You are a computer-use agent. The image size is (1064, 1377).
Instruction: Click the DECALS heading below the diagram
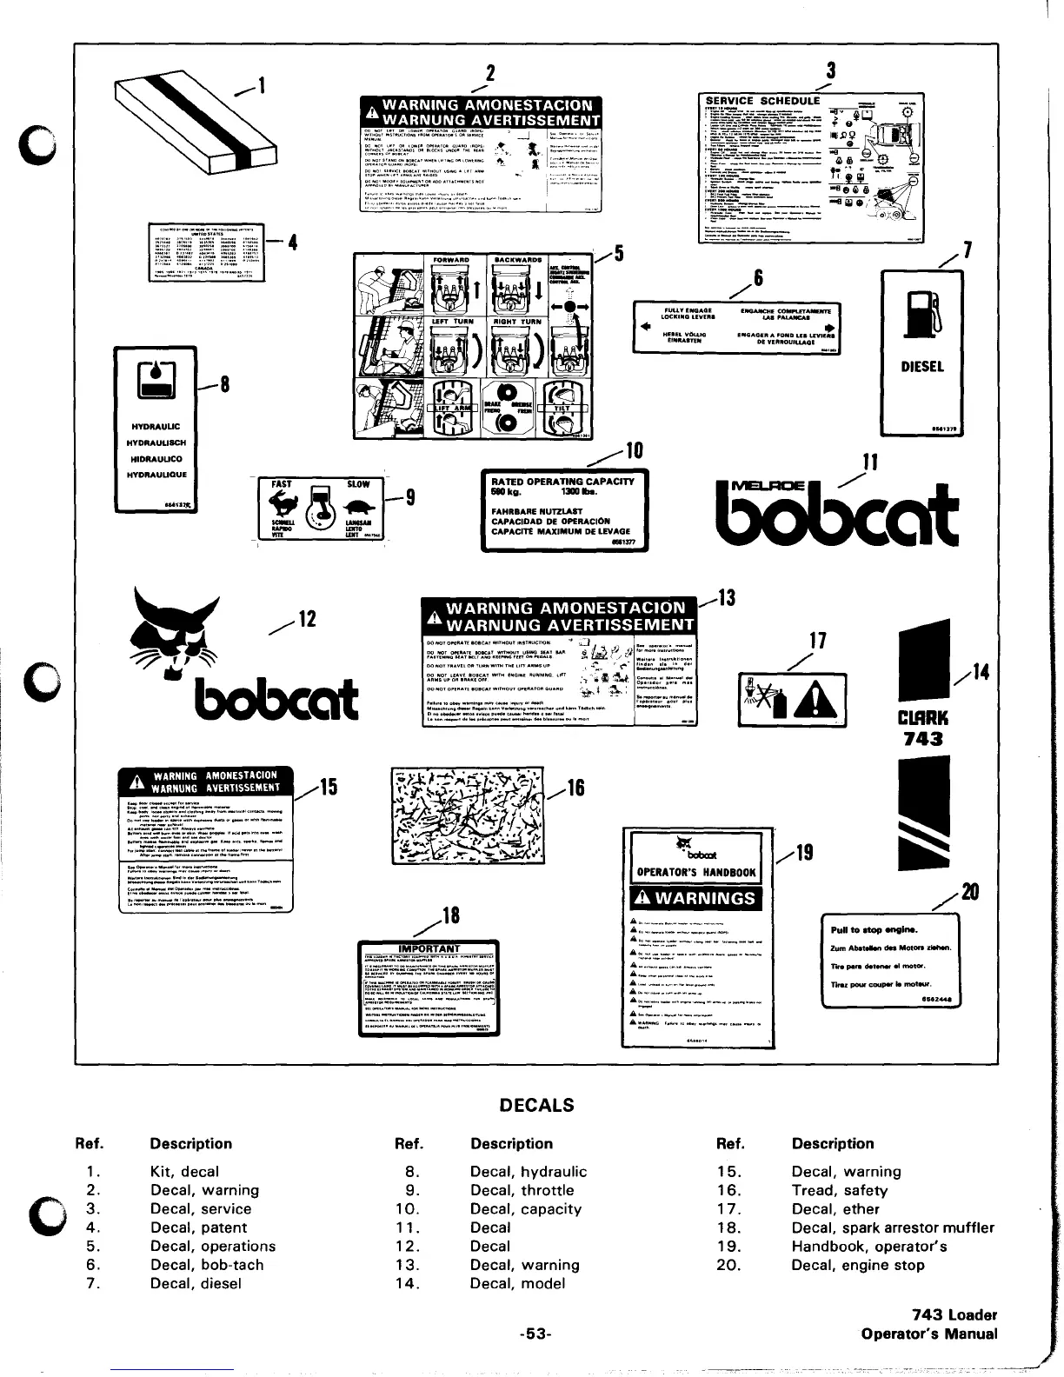(536, 1105)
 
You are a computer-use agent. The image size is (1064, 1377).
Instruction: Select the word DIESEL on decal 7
(921, 367)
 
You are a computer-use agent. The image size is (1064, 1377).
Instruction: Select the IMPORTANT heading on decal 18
(429, 948)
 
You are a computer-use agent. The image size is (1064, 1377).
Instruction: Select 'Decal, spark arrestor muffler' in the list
(893, 1227)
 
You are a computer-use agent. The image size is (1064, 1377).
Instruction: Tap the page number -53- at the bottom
(536, 1334)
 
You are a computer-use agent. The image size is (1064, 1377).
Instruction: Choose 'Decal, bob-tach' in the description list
(206, 1265)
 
